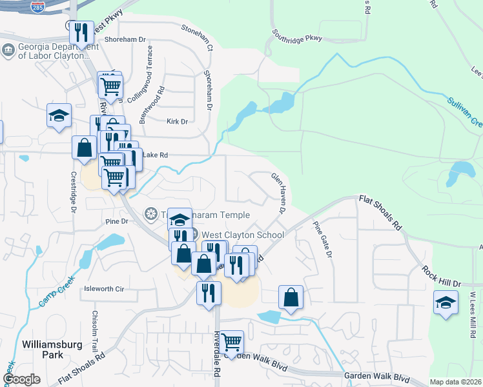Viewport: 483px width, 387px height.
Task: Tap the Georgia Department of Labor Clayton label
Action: click(55, 50)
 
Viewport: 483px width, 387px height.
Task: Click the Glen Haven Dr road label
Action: click(278, 192)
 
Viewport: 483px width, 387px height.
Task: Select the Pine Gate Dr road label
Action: click(322, 240)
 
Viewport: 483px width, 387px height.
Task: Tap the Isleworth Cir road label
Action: click(103, 289)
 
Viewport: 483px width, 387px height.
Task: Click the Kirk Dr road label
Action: click(176, 121)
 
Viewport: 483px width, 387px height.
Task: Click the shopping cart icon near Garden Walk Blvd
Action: click(231, 340)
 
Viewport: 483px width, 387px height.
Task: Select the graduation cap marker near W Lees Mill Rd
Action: click(446, 302)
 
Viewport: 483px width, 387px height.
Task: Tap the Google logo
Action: click(23, 379)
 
